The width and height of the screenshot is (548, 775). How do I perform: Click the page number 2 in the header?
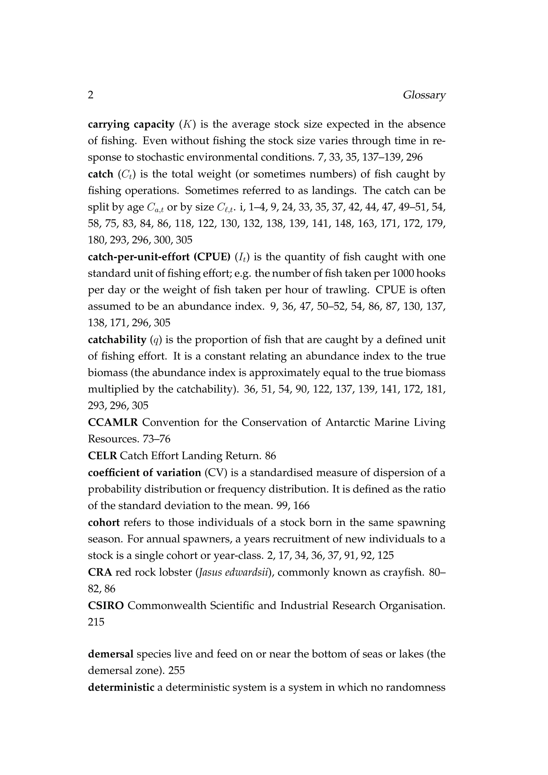pos(90,95)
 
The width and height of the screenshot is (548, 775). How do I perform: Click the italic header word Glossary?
pos(424,96)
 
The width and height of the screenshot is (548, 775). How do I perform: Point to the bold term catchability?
pos(117,340)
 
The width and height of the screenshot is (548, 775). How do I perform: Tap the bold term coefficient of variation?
pos(144,473)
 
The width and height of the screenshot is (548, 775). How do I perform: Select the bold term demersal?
pos(111,654)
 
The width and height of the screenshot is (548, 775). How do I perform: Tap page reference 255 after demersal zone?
pos(177,671)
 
